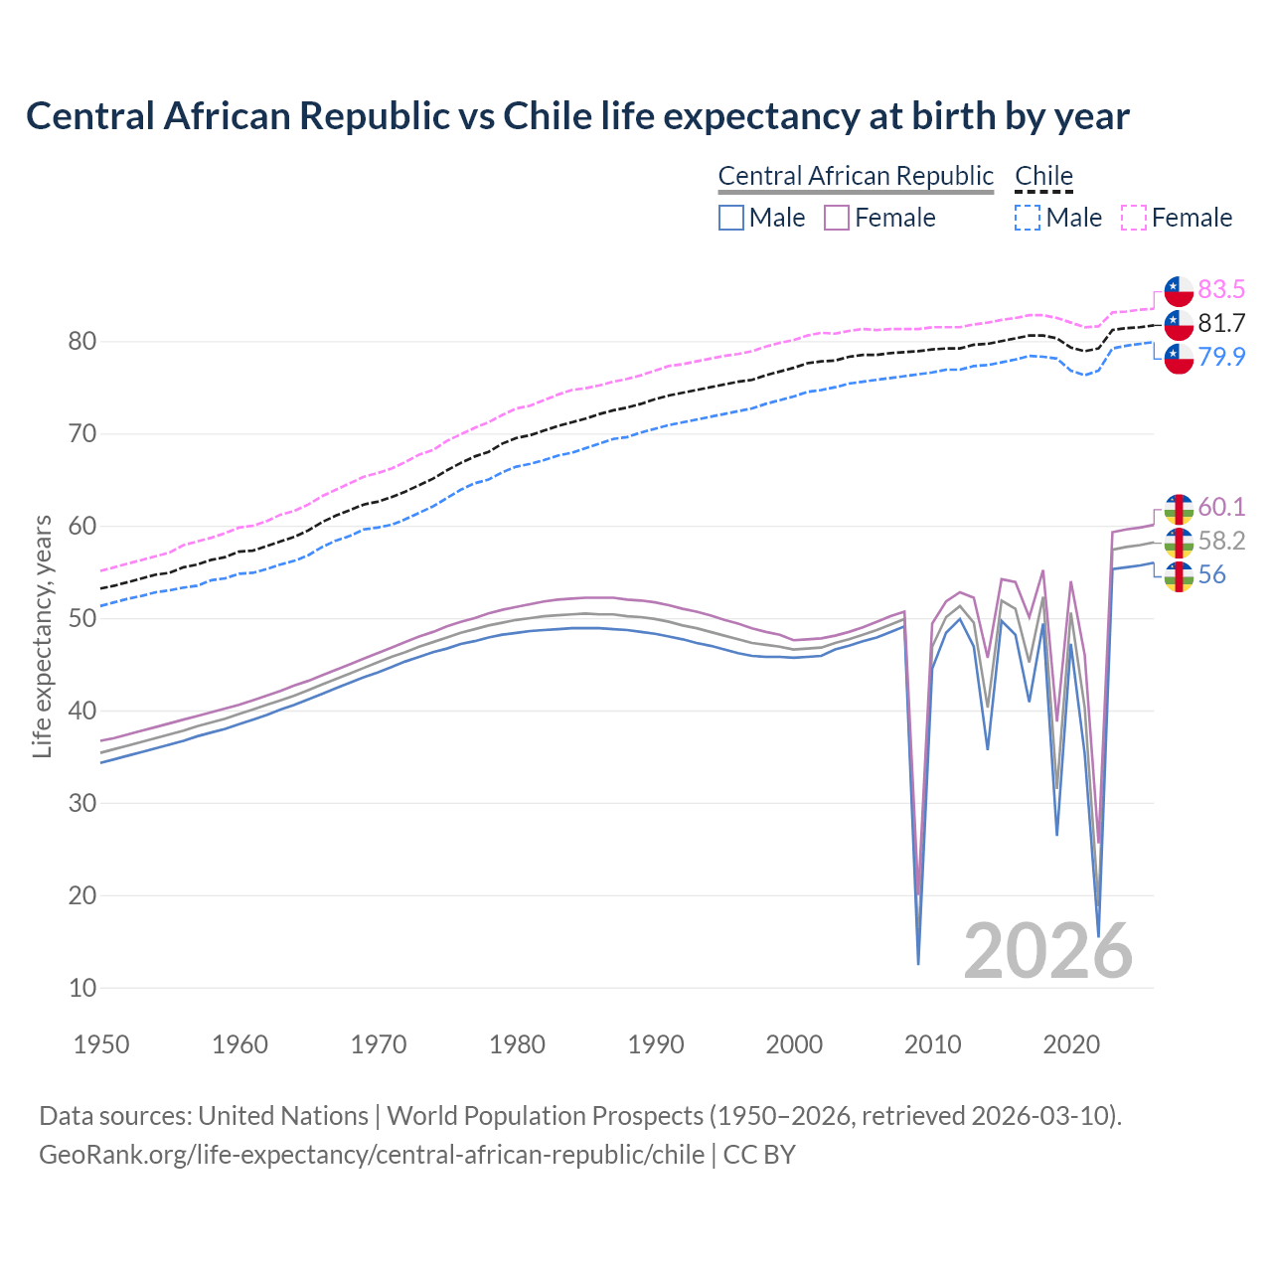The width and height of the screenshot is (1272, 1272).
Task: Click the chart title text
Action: tap(577, 116)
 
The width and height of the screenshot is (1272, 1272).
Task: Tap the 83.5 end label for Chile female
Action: tap(1221, 289)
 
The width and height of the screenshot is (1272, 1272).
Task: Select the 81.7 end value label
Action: tap(1221, 323)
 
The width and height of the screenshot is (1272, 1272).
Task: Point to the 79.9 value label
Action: tap(1221, 357)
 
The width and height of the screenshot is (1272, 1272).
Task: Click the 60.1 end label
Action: tap(1221, 507)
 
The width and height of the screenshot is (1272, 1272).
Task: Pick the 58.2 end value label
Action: tap(1221, 541)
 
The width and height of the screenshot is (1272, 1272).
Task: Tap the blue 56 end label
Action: tap(1211, 574)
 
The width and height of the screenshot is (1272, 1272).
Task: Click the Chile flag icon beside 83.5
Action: tap(1179, 290)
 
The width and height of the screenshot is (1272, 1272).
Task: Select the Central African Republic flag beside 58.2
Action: tap(1179, 542)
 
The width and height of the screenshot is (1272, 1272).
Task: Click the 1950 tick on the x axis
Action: tap(101, 1044)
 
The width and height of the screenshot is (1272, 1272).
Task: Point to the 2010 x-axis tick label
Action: tap(933, 1044)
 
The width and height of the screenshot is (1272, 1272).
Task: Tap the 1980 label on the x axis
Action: tap(517, 1044)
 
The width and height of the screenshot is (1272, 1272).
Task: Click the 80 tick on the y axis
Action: tap(81, 342)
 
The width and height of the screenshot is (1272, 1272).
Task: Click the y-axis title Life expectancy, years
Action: tap(43, 636)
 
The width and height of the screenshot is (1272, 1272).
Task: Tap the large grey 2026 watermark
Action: tap(1047, 951)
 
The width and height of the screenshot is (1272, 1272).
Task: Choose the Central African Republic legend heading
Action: tap(856, 176)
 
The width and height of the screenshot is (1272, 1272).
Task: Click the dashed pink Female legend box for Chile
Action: tap(1133, 218)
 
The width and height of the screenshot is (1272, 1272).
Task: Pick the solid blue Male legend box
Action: tap(731, 218)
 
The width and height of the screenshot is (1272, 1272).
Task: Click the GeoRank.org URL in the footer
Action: tap(371, 1155)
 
